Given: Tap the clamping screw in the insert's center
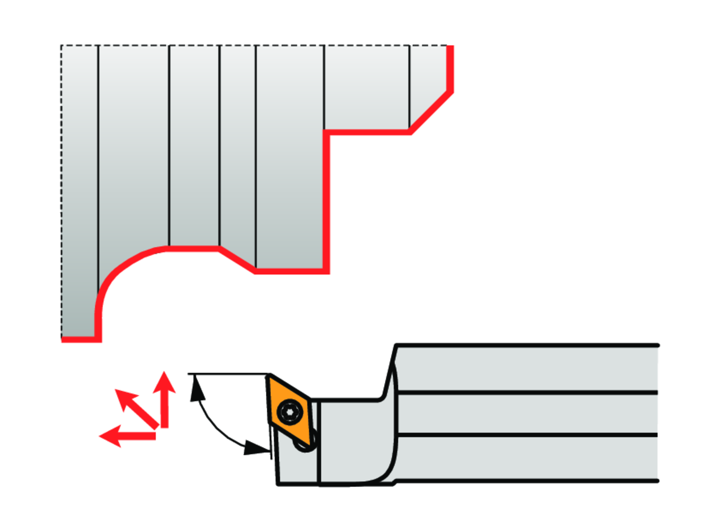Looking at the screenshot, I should point(290,412).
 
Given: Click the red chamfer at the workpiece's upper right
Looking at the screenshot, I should point(431,112).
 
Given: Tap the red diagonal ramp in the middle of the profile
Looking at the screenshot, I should point(237,260).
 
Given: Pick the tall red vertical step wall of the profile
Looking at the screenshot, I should point(326,201).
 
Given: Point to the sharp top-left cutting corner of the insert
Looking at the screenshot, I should point(269,376).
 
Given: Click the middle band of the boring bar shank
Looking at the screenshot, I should point(528,414).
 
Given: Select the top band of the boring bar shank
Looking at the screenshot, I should point(528,368).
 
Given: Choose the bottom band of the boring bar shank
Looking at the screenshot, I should point(528,458).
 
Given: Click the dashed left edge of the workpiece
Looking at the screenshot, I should point(61,192).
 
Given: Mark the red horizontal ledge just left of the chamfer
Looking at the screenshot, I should point(367,132).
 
